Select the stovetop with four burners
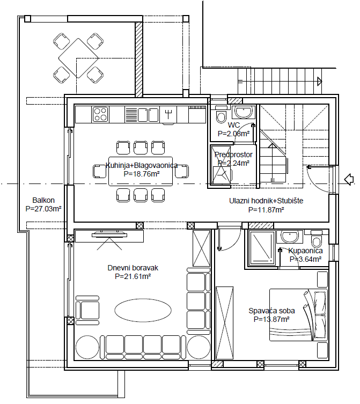point(100,114)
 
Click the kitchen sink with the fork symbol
point(168,114)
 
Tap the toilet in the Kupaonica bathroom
point(317,239)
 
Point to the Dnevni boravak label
point(133,268)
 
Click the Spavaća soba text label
point(271,311)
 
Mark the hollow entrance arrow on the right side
point(348,179)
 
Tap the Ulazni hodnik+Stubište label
point(266,201)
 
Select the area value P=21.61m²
point(133,276)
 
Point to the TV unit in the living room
point(109,234)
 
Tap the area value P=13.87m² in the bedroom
point(271,319)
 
